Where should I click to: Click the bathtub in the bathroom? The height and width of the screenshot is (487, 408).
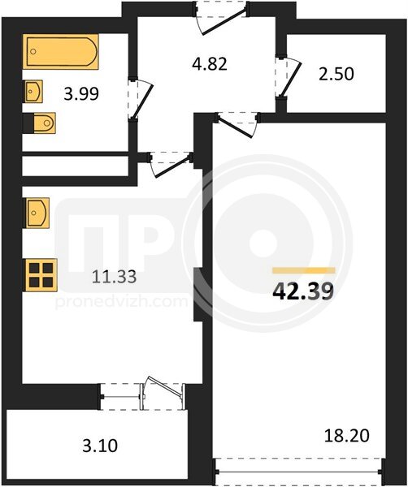[61, 52]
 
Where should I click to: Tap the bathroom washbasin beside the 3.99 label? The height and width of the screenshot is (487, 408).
[33, 91]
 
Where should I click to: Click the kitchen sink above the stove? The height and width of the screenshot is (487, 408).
[37, 213]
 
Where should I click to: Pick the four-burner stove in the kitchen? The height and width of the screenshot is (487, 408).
[41, 275]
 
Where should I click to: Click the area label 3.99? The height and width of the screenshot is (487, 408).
[81, 94]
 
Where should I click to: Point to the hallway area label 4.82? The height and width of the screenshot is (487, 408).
[210, 63]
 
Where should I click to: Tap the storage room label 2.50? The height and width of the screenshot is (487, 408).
[336, 74]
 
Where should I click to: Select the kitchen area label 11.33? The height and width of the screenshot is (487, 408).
[114, 277]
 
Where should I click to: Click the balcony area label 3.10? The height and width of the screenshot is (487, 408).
[100, 446]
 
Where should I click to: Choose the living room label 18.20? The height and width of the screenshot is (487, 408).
[347, 435]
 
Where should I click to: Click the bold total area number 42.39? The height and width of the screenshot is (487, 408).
[303, 291]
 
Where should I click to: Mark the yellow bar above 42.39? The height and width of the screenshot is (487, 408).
[304, 270]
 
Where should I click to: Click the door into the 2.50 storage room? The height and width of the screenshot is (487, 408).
[288, 76]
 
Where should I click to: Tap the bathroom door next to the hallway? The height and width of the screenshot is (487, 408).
[141, 99]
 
